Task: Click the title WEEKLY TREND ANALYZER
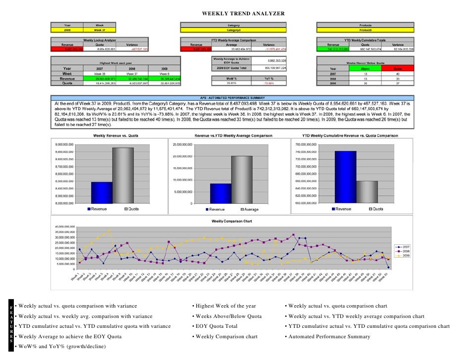(x=243, y=13)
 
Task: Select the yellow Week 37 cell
(x=99, y=30)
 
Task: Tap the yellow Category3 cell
(x=233, y=30)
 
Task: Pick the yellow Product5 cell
(x=366, y=30)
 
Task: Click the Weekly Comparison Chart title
(x=232, y=221)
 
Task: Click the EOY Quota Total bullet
(x=217, y=326)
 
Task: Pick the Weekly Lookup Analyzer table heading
(x=99, y=40)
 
